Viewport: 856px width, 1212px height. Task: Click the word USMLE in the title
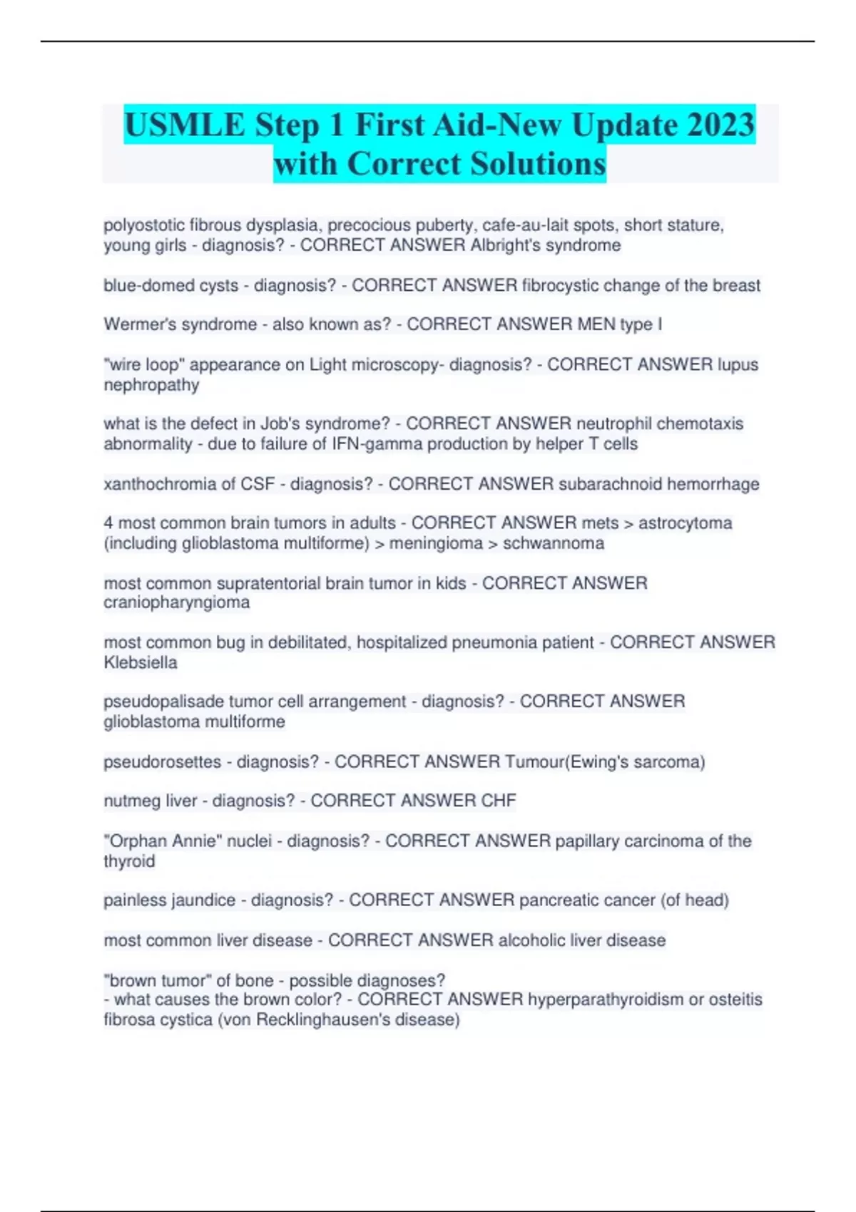point(185,125)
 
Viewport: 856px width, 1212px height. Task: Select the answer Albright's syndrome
point(546,245)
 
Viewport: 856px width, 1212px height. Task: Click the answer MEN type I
point(620,324)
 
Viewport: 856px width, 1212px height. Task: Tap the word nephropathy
point(151,385)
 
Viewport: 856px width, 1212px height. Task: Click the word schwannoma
point(554,543)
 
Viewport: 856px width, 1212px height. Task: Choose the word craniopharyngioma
point(177,602)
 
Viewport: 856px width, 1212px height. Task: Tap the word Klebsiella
point(141,662)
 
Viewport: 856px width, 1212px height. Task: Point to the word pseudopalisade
point(163,702)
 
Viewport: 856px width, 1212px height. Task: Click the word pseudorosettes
point(163,761)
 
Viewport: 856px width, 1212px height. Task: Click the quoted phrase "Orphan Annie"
point(163,841)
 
